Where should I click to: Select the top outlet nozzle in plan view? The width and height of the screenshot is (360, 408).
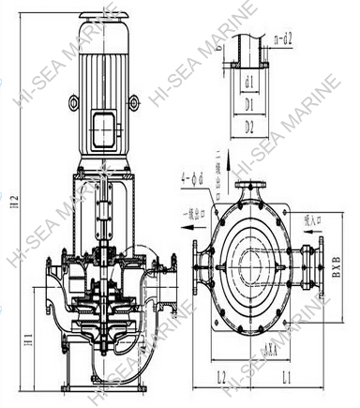pos(248,190)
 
